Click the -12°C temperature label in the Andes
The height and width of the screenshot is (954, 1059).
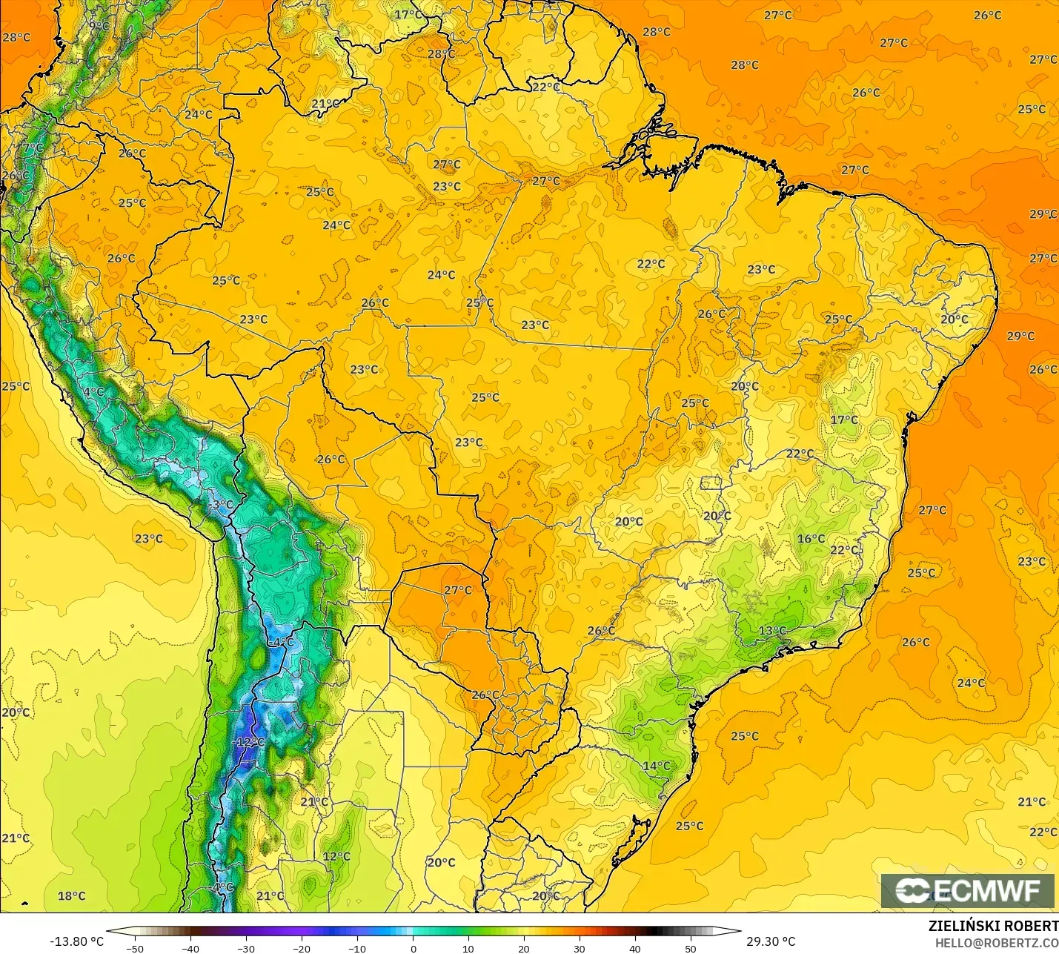(248, 742)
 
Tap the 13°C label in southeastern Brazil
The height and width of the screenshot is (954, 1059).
(772, 631)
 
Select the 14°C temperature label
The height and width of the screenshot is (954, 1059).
(657, 766)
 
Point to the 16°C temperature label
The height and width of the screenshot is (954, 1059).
(811, 539)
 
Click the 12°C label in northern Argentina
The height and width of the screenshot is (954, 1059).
(336, 856)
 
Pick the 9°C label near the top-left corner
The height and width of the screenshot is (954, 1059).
(99, 26)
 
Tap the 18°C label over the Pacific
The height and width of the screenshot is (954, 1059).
(72, 895)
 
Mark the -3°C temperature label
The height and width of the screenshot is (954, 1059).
(220, 505)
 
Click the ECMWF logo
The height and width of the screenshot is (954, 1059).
(967, 890)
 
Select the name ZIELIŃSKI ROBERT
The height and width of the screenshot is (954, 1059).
(993, 926)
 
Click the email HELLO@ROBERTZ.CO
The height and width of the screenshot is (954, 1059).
(996, 942)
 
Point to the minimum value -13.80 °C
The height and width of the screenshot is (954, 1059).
(76, 941)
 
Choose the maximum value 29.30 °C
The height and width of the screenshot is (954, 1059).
(771, 941)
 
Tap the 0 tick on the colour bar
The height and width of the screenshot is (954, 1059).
(413, 948)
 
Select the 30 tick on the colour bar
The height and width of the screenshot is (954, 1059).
(580, 948)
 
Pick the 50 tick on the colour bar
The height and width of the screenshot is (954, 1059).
(691, 948)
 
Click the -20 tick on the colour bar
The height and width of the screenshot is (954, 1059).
(301, 948)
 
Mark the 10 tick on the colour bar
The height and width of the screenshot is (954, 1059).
(468, 948)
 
